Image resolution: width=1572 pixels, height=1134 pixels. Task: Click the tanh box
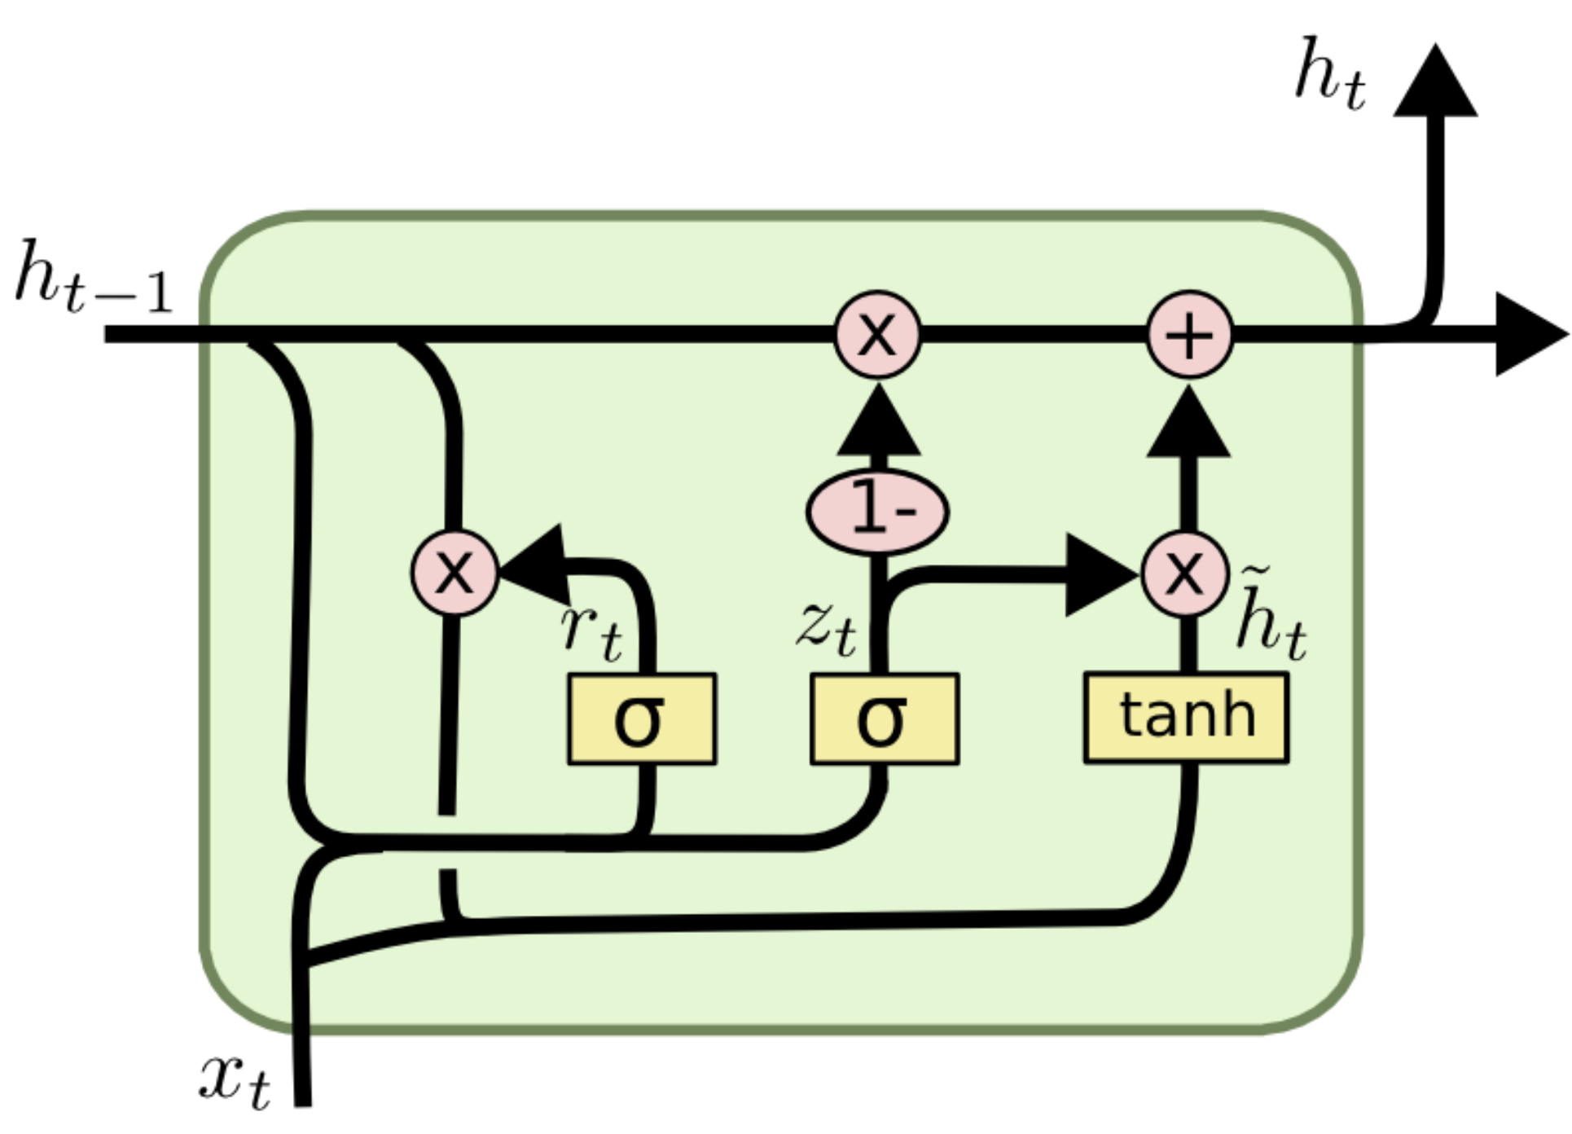coord(1186,718)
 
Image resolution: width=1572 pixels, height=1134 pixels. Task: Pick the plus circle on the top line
coord(1189,335)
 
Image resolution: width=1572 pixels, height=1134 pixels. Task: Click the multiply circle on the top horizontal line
coord(877,335)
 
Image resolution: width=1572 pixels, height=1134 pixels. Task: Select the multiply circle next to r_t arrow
coord(454,573)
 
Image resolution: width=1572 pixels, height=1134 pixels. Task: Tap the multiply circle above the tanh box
coord(1184,574)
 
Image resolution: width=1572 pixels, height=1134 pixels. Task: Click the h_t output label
coord(1330,75)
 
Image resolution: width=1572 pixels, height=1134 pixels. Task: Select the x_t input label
coord(235,1079)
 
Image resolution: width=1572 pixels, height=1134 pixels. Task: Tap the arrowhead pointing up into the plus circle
coord(1189,424)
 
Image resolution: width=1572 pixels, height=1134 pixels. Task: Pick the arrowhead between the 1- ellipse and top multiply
coord(878,423)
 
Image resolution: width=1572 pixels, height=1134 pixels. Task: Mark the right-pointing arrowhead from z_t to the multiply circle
coord(1100,575)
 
